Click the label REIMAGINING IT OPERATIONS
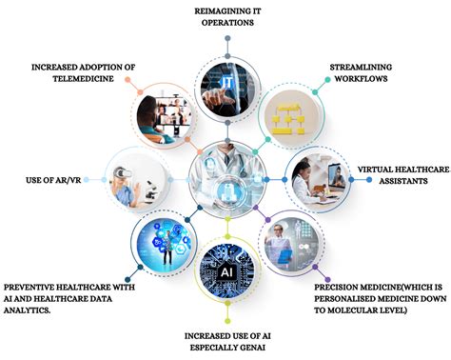click(228, 15)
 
